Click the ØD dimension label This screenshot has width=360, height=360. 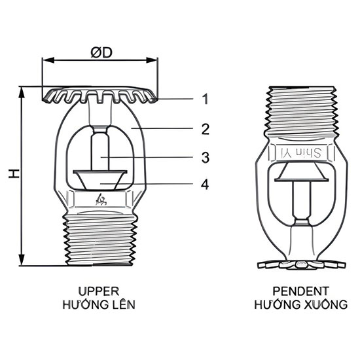(x=101, y=52)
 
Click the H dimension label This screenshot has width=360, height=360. (x=14, y=173)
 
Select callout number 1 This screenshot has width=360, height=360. (x=205, y=99)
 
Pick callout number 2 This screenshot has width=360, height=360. (x=206, y=129)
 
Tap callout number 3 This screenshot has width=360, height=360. (x=206, y=158)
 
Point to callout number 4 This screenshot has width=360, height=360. (x=205, y=185)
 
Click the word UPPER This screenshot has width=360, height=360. (x=99, y=291)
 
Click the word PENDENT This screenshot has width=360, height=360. (x=300, y=291)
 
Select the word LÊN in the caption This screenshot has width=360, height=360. (x=123, y=304)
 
